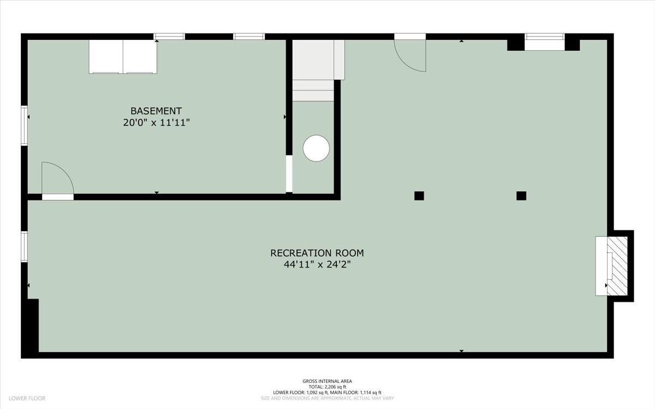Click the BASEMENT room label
(156, 111)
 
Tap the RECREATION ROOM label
(317, 253)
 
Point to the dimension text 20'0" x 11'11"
(157, 123)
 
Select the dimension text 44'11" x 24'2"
(317, 264)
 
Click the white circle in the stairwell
(316, 148)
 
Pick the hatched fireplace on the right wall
(617, 266)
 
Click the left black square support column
(419, 196)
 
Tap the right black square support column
(521, 196)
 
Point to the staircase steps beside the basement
(313, 70)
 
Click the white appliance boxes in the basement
(123, 57)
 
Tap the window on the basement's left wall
(24, 125)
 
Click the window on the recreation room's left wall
(24, 247)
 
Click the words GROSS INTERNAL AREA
(327, 381)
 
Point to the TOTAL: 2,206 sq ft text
(327, 387)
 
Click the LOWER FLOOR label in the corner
(27, 399)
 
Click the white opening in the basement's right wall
(289, 174)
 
